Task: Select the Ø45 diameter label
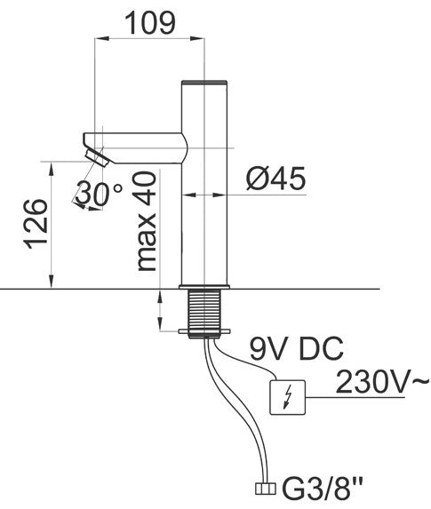click(275, 179)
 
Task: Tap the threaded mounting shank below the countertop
click(205, 309)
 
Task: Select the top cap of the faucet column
click(205, 83)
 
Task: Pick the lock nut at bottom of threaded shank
click(205, 333)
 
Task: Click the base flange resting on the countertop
click(205, 286)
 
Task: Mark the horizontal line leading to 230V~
click(364, 395)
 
